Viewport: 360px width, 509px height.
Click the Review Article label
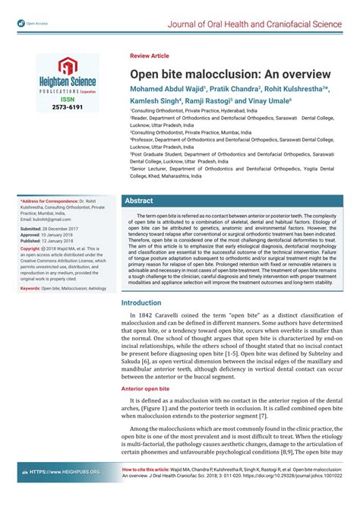150,56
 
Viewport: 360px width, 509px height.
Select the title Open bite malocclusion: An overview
229,74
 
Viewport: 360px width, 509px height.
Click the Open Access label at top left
36,23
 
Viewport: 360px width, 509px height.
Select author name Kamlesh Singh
155,100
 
